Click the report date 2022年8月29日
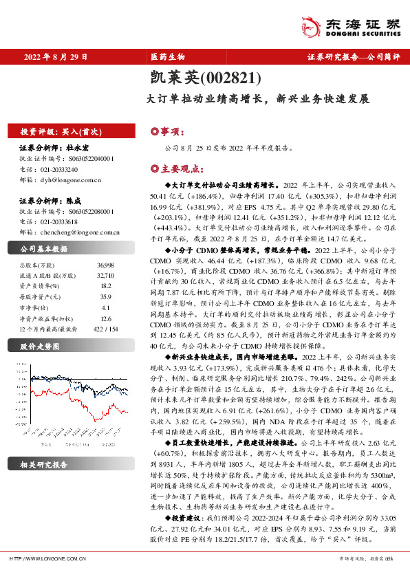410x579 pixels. click(x=56, y=57)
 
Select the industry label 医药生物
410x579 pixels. click(x=168, y=57)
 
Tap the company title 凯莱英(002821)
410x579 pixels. click(x=204, y=79)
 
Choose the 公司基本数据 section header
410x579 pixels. click(x=44, y=249)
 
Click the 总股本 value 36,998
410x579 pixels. click(x=105, y=265)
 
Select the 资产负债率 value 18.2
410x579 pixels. click(x=105, y=285)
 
